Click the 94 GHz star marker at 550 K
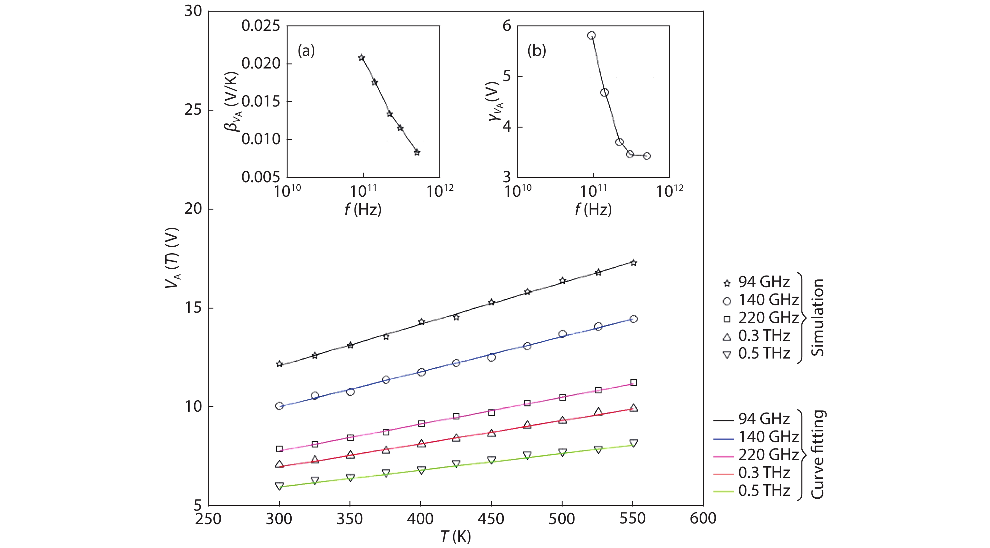[634, 263]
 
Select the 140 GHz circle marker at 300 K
[279, 406]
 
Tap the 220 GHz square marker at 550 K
[634, 382]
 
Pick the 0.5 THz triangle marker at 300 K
[279, 486]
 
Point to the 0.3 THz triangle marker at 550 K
[634, 408]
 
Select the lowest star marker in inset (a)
[417, 152]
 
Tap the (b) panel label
[536, 50]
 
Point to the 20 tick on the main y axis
[193, 209]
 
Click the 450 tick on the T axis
[491, 519]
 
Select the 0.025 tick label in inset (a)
[261, 26]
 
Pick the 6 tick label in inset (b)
[507, 26]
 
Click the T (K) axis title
[455, 536]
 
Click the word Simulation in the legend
[817, 317]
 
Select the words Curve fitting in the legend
[817, 455]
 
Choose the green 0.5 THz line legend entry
[751, 491]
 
